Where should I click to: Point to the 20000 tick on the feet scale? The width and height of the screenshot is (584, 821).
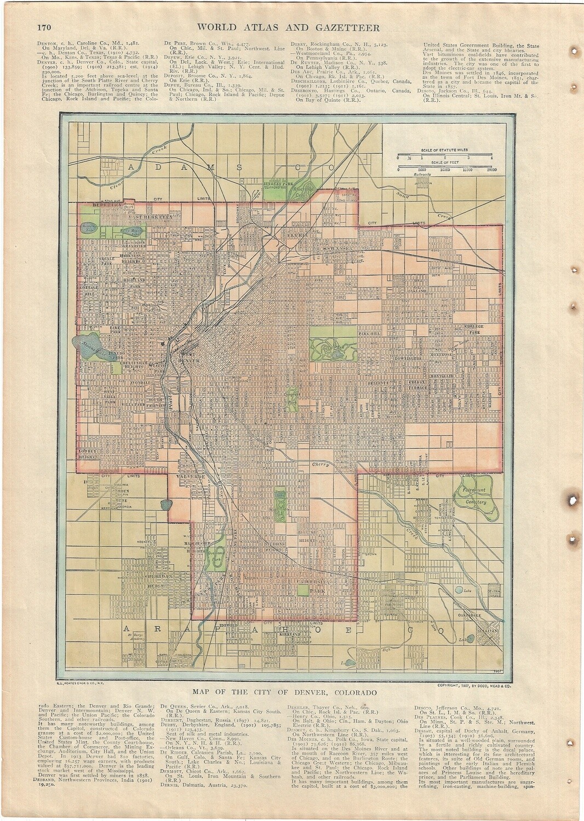tap(491, 170)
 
